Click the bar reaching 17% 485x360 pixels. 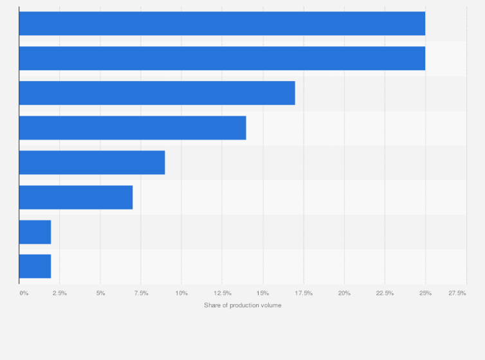point(157,93)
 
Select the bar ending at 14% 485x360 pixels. point(133,127)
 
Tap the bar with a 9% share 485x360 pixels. point(92,162)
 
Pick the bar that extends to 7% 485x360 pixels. point(76,197)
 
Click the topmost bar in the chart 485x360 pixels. point(222,23)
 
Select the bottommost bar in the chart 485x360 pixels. point(35,266)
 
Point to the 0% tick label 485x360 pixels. point(24,293)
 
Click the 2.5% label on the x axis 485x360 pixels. point(59,293)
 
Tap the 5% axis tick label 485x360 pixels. point(100,293)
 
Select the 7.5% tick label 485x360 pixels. point(141,293)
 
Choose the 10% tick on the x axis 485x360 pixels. point(181,293)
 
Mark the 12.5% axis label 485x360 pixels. point(222,293)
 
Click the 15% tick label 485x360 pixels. point(262,293)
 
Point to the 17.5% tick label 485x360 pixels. point(304,293)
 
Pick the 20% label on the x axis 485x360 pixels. point(344,293)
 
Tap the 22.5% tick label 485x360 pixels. point(385,293)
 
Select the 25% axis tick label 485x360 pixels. point(425,293)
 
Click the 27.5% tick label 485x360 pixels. point(457,293)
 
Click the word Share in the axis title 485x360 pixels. point(212,305)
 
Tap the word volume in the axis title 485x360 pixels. point(270,305)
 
